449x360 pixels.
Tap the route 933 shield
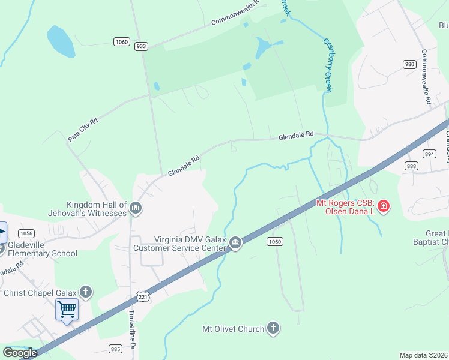tap(142, 46)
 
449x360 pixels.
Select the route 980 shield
tap(409, 64)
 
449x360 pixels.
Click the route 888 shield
tap(411, 166)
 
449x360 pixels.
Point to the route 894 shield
tap(429, 154)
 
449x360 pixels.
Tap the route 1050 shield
tap(274, 241)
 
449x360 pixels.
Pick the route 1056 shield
tap(26, 233)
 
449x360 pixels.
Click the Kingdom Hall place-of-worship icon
tap(136, 208)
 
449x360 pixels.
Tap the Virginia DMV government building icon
tap(235, 242)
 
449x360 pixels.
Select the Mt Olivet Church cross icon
tap(273, 328)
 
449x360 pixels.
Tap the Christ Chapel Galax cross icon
tap(86, 292)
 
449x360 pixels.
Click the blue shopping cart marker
tap(67, 310)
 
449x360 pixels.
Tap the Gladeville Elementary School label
tap(43, 253)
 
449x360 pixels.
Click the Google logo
tap(20, 353)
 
